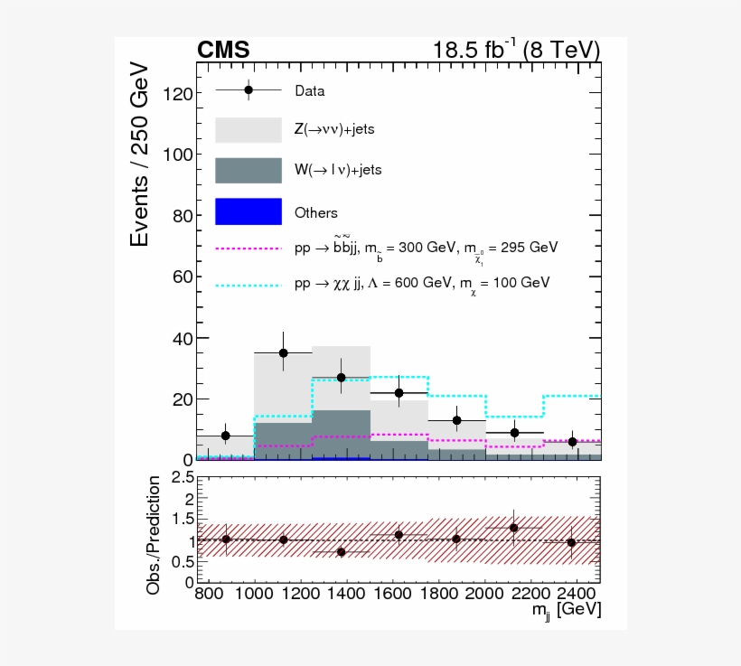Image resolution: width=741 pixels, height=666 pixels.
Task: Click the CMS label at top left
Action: point(223,51)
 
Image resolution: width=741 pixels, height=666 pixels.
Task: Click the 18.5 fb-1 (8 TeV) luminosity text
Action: point(517,50)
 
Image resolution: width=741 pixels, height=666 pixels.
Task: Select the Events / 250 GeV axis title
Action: point(140,154)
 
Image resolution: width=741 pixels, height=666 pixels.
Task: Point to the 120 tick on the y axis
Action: point(171,94)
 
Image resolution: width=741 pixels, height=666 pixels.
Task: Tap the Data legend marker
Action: point(249,89)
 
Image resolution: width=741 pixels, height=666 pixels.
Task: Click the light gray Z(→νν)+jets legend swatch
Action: point(249,129)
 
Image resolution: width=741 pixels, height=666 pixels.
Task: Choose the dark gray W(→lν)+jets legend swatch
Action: point(249,170)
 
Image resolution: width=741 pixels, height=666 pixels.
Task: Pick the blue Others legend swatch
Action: point(249,211)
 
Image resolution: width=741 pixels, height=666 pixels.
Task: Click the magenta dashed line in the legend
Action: point(249,247)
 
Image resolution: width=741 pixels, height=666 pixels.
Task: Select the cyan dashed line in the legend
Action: point(249,284)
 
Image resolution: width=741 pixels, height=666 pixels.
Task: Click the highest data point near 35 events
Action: point(283,352)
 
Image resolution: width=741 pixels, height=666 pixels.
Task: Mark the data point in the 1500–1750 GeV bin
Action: point(399,392)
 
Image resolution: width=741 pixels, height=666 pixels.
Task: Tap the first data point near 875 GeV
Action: point(225,436)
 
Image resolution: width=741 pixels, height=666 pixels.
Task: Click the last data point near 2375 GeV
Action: point(572,441)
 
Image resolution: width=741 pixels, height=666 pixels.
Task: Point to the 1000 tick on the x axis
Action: point(255,593)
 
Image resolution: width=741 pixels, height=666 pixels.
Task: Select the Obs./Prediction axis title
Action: point(154,535)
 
